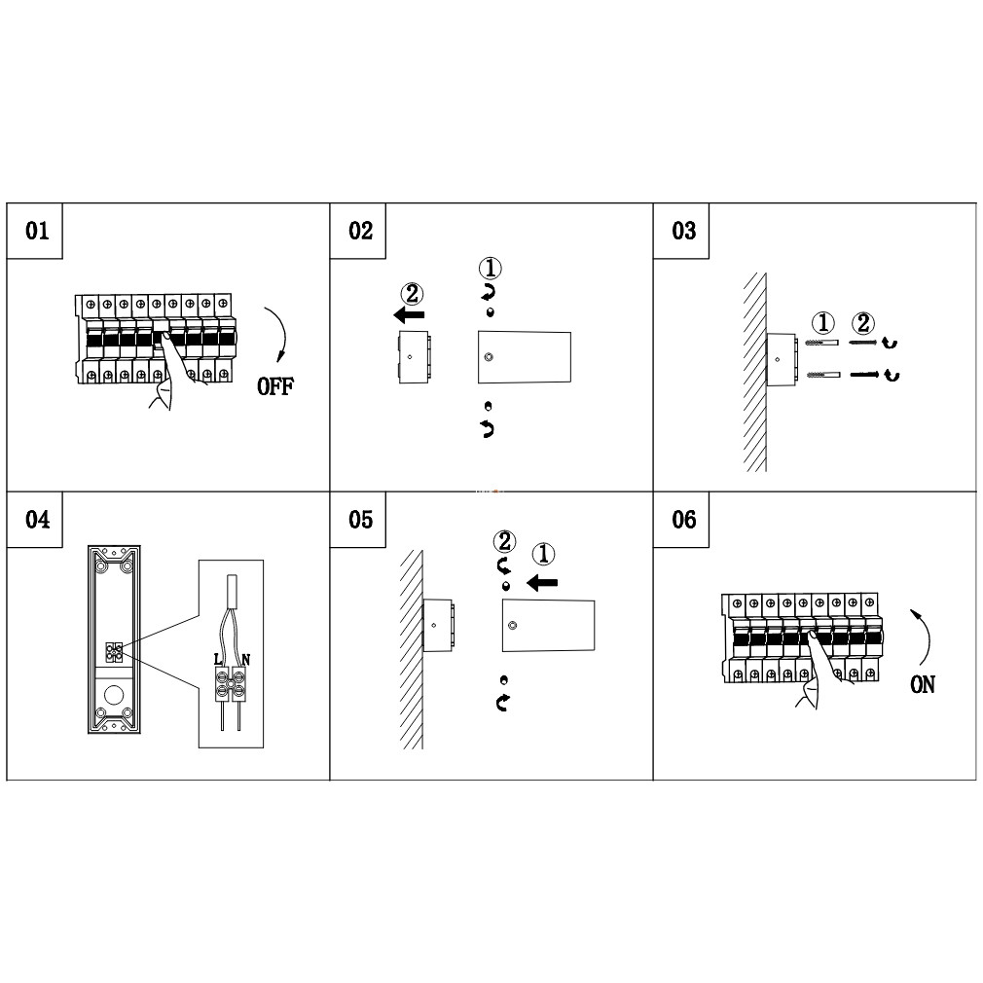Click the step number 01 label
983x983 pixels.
coord(37,231)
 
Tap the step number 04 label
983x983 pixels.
coord(37,519)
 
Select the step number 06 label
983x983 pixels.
coord(684,519)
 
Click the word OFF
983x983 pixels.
coord(275,386)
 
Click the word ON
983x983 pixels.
coord(923,684)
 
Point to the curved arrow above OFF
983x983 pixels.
coord(282,331)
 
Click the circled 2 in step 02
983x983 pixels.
coord(412,293)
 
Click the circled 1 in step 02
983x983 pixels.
coord(491,269)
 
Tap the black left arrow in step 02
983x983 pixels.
coord(409,314)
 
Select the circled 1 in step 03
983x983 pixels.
coord(823,323)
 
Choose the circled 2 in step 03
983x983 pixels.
coord(863,323)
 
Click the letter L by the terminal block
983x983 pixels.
coord(218,660)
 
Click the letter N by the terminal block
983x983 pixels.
coord(245,660)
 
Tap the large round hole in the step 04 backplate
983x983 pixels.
coord(114,695)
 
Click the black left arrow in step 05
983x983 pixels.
coord(542,583)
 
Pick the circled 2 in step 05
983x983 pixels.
coord(505,542)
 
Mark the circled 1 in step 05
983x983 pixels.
coord(543,554)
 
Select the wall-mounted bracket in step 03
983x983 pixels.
coord(782,359)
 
